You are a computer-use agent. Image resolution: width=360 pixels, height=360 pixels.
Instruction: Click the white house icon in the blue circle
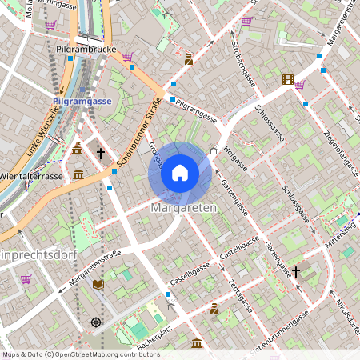[x=180, y=173]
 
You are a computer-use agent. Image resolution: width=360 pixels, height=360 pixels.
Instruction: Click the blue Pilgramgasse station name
[x=82, y=102]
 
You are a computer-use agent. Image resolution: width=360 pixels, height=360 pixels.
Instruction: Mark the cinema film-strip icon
[x=287, y=78]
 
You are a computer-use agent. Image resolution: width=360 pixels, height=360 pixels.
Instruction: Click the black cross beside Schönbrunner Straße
[x=101, y=151]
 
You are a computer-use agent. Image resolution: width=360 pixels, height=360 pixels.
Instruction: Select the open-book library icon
[x=98, y=284]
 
